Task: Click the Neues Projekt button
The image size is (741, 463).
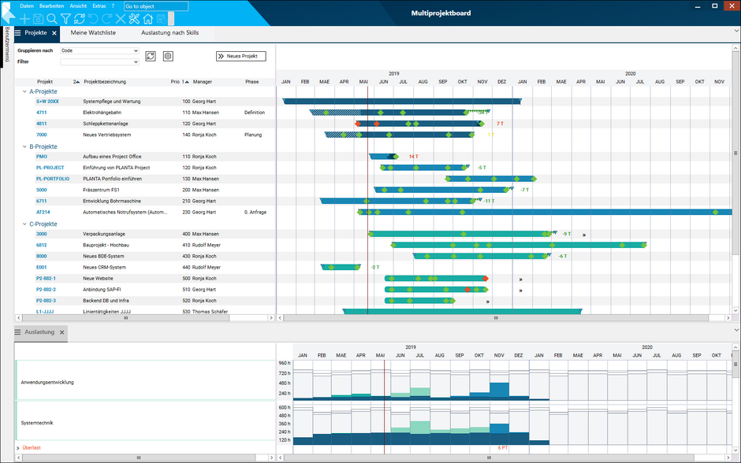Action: pos(241,56)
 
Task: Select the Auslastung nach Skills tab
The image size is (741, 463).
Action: pos(169,33)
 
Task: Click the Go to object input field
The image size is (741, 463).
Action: pos(156,6)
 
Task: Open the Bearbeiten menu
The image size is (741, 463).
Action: pos(52,6)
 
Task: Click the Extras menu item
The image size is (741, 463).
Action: pos(99,6)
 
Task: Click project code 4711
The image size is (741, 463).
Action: pos(42,113)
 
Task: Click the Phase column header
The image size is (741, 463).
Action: pos(251,82)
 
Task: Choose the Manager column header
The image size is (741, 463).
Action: pos(203,82)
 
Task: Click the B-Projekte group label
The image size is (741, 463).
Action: pos(43,146)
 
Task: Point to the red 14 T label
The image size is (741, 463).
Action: pos(414,157)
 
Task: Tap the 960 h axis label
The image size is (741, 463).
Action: pos(285,363)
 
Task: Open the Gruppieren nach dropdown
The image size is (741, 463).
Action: pos(99,51)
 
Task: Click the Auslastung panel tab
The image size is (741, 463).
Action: pos(39,332)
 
